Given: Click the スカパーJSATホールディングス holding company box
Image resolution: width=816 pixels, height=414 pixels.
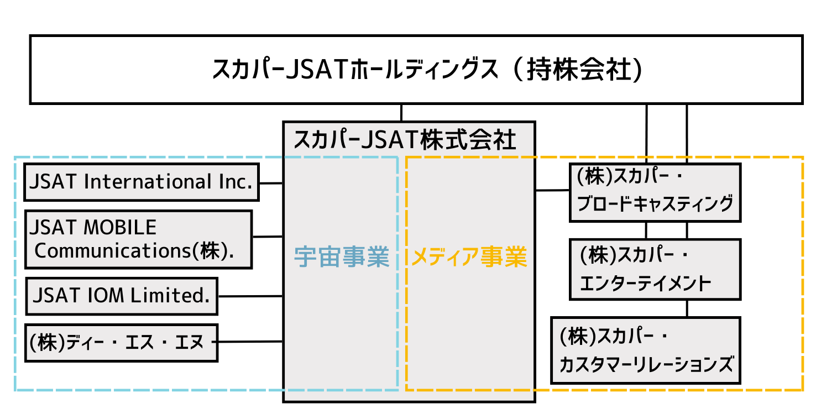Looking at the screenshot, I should pyautogui.click(x=416, y=70).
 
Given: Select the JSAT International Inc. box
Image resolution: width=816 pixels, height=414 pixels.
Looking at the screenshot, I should pyautogui.click(x=142, y=182).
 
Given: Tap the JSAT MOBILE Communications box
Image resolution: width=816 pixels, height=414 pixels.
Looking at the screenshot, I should pyautogui.click(x=138, y=239).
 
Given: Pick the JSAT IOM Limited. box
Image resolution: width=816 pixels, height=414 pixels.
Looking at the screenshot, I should pyautogui.click(x=122, y=296).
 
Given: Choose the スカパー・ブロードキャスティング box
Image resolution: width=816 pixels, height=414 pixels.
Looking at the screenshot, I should pyautogui.click(x=655, y=192).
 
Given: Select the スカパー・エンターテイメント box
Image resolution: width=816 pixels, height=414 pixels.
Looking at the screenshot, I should pyautogui.click(x=655, y=269).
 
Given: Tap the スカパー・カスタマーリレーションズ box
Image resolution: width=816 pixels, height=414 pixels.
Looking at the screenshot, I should pyautogui.click(x=645, y=350).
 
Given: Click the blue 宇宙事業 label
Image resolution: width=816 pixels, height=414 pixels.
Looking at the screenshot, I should pyautogui.click(x=341, y=257).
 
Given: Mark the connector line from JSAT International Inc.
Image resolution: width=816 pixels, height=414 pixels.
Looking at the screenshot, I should pyautogui.click(x=271, y=182).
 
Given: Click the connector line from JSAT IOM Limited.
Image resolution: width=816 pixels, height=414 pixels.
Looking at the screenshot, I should pyautogui.click(x=250, y=296).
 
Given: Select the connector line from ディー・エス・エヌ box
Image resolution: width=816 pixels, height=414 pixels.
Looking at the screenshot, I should pyautogui.click(x=250, y=342).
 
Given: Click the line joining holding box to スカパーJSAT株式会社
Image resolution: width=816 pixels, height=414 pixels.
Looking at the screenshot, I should pyautogui.click(x=401, y=112).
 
